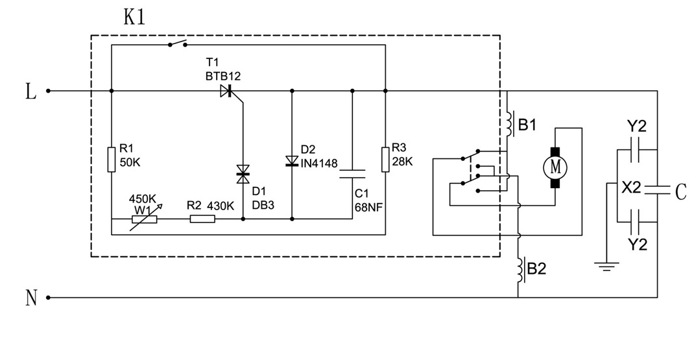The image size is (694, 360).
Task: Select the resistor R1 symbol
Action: (x=112, y=160)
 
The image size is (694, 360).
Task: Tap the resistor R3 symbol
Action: (x=385, y=160)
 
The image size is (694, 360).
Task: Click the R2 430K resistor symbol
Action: (x=202, y=219)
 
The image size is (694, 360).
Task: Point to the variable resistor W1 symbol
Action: (x=143, y=219)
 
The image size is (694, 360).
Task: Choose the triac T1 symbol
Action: (x=226, y=91)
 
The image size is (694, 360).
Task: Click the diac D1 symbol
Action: (x=243, y=172)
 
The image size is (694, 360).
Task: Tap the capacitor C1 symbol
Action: (x=352, y=173)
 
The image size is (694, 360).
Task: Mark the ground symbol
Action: (x=606, y=265)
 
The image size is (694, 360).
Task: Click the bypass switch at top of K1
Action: (x=177, y=44)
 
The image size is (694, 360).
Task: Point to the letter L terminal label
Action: (x=30, y=91)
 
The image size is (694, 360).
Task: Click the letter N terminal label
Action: (x=30, y=298)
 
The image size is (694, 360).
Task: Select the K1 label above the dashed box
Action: (x=134, y=18)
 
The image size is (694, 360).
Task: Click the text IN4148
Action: (x=318, y=163)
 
